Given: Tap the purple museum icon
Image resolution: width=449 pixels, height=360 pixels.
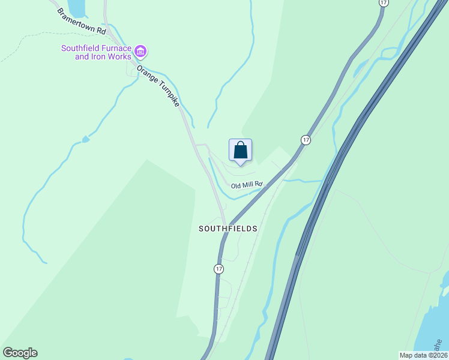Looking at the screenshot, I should [x=140, y=51].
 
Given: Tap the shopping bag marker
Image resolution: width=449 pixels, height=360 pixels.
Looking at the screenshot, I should [x=240, y=150].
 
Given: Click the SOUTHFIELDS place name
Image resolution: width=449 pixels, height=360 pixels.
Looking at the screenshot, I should [x=228, y=229].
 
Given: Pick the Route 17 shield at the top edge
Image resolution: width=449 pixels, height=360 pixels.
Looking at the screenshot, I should [x=382, y=3].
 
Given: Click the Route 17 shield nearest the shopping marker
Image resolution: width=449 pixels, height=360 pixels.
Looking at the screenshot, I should [x=306, y=140].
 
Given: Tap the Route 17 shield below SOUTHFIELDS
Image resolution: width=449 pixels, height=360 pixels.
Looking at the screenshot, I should [x=218, y=269].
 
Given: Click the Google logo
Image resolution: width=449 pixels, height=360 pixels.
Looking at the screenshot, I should [x=20, y=353].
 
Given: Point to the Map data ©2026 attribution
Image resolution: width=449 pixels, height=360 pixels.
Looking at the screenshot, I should [x=423, y=355].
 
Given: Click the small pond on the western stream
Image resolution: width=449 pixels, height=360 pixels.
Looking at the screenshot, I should [x=86, y=139].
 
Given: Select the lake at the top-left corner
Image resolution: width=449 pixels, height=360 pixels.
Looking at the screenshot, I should [x=76, y=7].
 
